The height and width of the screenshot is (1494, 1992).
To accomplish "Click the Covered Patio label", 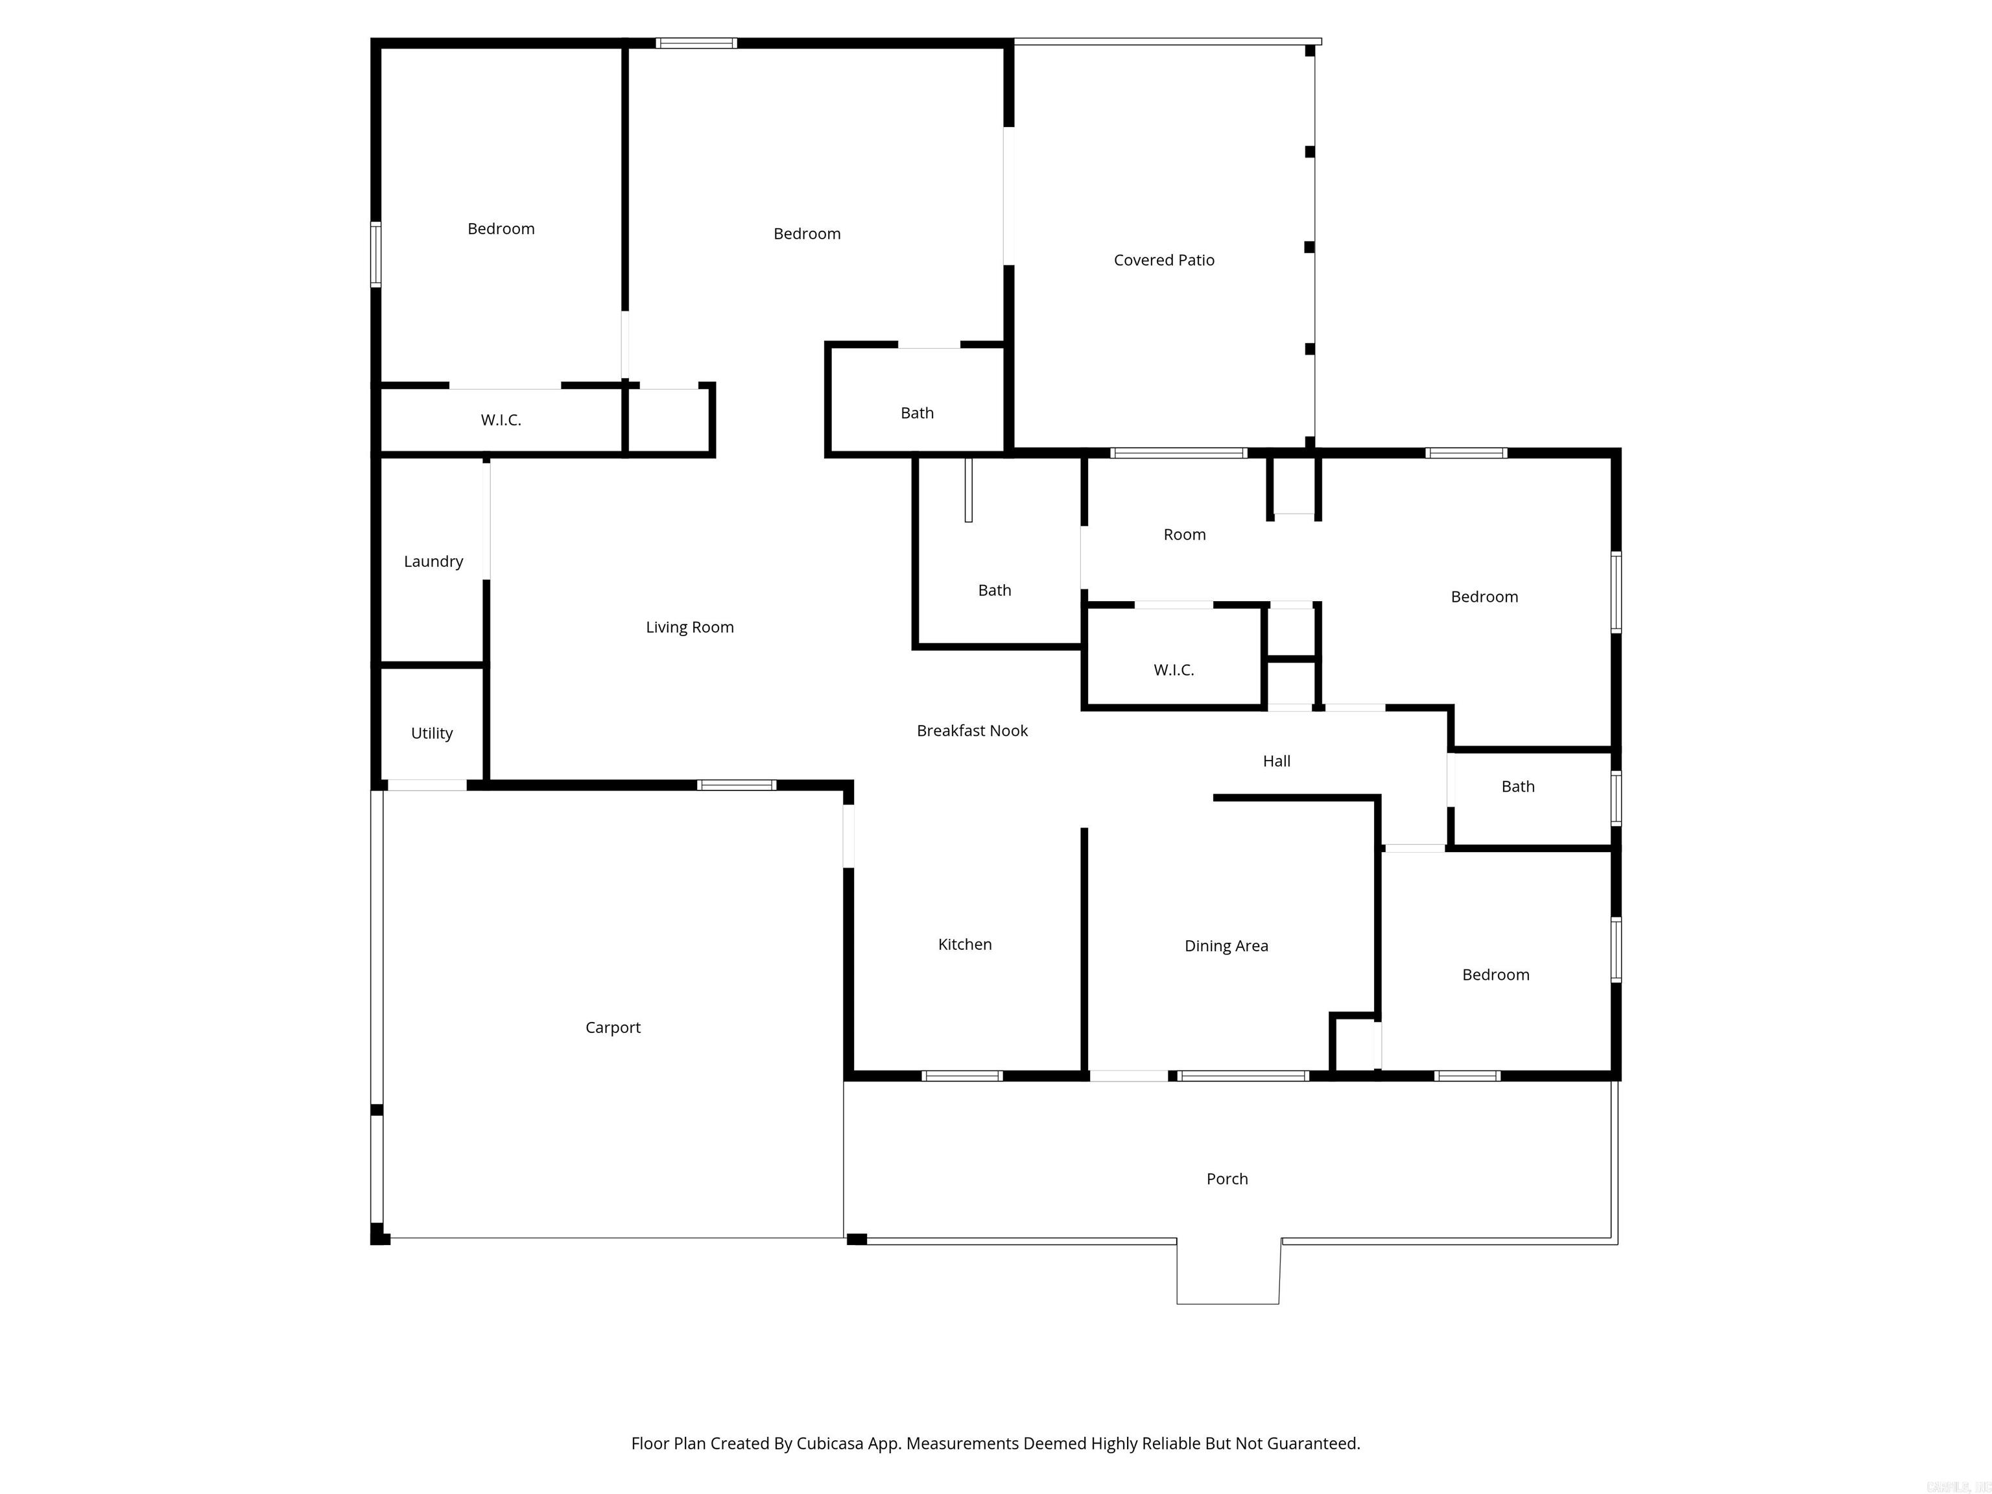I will pyautogui.click(x=1163, y=260).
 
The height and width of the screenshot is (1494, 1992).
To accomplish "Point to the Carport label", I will pyautogui.click(x=612, y=1028).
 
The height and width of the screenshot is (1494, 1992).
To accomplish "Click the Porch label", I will pyautogui.click(x=1227, y=1179).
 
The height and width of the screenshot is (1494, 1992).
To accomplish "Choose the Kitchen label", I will pyautogui.click(x=964, y=945).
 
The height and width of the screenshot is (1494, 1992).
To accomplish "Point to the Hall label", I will pyautogui.click(x=1276, y=762).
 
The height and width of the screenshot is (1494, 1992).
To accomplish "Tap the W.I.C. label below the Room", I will pyautogui.click(x=1174, y=670).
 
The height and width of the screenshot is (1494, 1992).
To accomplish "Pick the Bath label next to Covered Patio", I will pyautogui.click(x=917, y=413).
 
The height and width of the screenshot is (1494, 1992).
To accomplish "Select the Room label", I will pyautogui.click(x=1184, y=535).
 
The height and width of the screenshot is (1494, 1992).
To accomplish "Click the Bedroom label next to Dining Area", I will pyautogui.click(x=1495, y=975).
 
